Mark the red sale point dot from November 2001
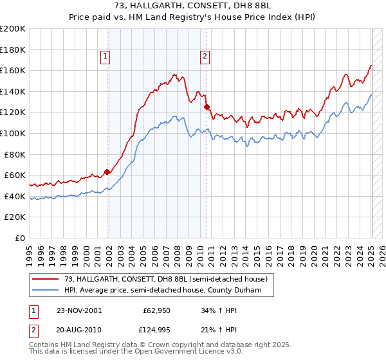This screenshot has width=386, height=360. tap(107, 172)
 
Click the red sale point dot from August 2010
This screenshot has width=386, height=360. tap(207, 107)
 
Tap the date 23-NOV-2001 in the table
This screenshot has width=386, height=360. tap(78, 310)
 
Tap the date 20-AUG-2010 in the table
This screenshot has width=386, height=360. tap(78, 330)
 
